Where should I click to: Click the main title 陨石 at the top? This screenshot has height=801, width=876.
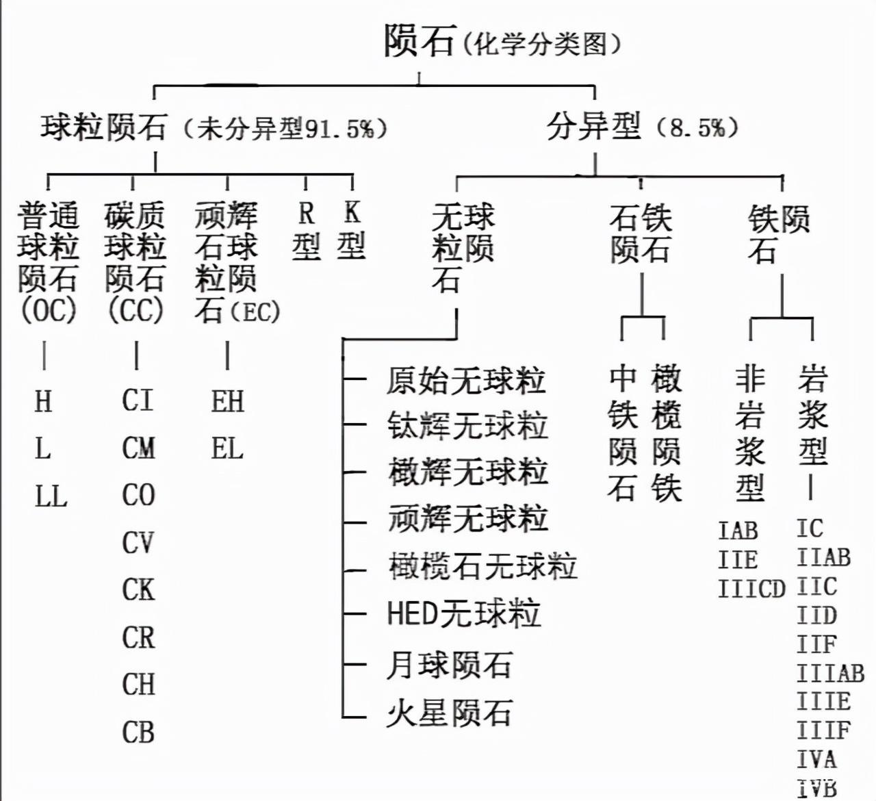coord(419,41)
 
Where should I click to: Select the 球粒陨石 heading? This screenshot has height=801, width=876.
coord(103,127)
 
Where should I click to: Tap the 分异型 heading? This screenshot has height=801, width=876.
coord(594,127)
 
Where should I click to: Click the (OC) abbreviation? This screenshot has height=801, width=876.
coord(47,311)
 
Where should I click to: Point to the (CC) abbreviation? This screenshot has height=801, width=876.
coord(136,311)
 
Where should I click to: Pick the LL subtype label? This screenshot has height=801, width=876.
coord(51,496)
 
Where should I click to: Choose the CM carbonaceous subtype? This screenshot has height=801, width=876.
coord(138,448)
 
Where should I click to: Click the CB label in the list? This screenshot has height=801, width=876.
coord(138,733)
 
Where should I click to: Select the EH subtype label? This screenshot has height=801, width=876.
coord(227,401)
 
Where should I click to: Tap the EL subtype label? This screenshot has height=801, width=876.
coord(227,449)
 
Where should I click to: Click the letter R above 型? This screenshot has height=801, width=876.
coord(306,214)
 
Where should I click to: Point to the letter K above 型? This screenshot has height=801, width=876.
coord(352,212)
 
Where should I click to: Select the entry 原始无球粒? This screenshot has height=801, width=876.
coord(465,381)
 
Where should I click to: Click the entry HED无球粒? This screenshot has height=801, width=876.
coord(463,613)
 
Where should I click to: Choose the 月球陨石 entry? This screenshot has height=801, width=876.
coord(449,664)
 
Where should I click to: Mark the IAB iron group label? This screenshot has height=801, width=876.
coord(738,530)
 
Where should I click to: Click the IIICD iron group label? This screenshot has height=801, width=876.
coord(751,589)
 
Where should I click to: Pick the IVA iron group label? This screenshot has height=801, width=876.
coord(816,759)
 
